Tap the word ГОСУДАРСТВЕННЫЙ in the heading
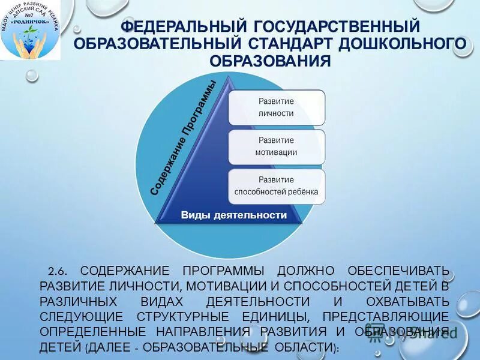pos(336,27)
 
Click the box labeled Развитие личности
pos(276,107)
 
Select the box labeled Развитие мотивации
pos(276,146)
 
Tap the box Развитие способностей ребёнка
pos(276,186)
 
